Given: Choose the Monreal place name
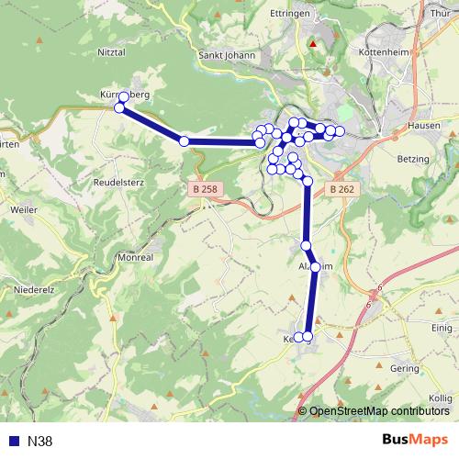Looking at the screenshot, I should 135,258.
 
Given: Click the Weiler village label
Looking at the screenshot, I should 23,209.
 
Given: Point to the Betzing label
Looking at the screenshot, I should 413,159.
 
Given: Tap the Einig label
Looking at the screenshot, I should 442,328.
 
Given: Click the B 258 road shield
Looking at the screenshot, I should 206,189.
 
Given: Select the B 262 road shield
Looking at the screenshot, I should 341,189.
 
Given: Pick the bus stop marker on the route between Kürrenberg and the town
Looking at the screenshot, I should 185,140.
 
